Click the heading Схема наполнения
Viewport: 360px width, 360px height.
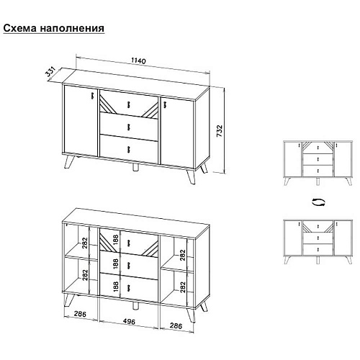pos(54,29)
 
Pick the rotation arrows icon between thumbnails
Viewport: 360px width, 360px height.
pos(316,202)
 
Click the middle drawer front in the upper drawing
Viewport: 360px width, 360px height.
pos(128,126)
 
